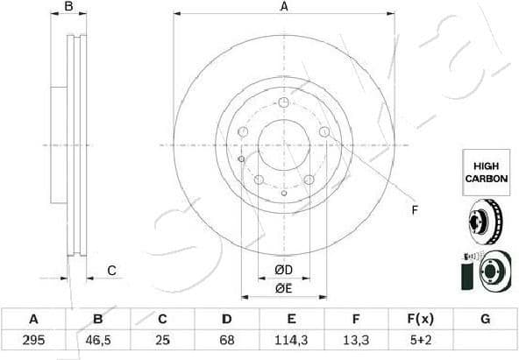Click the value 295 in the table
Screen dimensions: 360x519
[33, 339]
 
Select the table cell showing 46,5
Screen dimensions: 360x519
[98, 339]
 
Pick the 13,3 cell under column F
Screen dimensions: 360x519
[356, 339]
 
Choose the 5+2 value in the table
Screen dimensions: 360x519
[421, 339]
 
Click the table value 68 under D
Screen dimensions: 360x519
[227, 339]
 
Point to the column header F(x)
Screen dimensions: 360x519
[421, 319]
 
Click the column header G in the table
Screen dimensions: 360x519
[485, 319]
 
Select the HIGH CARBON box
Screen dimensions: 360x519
[486, 172]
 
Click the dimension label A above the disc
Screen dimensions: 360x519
[283, 7]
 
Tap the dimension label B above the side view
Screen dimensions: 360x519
[70, 8]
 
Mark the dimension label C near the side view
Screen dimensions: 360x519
[111, 271]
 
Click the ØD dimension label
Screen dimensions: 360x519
[283, 270]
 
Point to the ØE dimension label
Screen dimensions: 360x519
[283, 288]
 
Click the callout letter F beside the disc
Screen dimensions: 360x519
[416, 210]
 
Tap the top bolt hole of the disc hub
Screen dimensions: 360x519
[283, 104]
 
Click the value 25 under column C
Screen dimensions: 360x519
[162, 339]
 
